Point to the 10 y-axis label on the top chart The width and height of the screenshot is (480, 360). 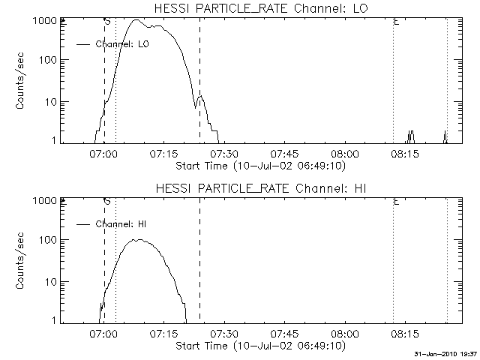(52, 102)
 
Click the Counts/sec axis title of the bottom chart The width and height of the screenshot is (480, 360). (21, 262)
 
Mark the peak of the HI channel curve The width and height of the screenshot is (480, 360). (136, 240)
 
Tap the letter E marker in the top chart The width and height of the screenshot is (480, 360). (396, 22)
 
